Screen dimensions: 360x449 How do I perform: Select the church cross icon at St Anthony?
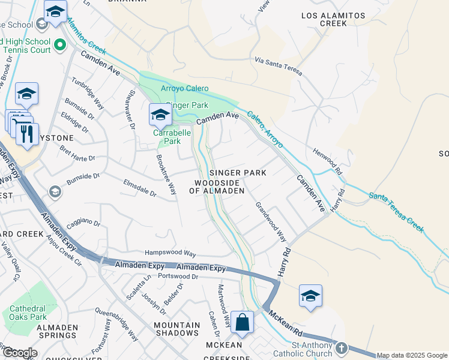coord(342,348)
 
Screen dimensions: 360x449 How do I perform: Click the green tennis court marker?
coord(60,44)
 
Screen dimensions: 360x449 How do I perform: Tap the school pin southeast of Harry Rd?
coord(310,295)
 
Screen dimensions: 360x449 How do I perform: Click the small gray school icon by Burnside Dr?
coord(55,191)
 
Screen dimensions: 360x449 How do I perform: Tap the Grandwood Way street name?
coord(271,221)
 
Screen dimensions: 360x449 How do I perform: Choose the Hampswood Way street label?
coord(170,253)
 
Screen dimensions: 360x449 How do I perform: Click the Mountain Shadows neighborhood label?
coord(176,328)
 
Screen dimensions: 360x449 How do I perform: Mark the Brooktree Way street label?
coord(166,174)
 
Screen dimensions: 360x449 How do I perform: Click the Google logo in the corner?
coord(19,353)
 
